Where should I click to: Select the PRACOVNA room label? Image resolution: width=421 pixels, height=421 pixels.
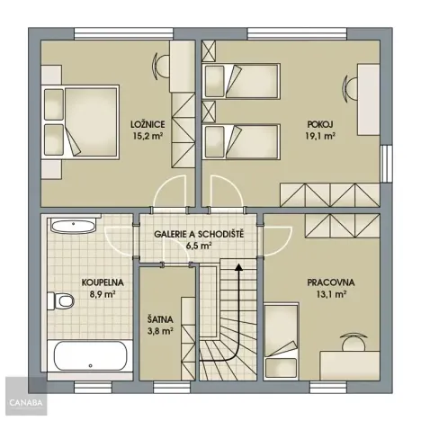click(x=328, y=282)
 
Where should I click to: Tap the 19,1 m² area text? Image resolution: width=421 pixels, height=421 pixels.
click(x=319, y=137)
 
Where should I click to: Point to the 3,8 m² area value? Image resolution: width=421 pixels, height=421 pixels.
click(x=163, y=330)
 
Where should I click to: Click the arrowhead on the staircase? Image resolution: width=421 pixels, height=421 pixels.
click(x=238, y=268)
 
